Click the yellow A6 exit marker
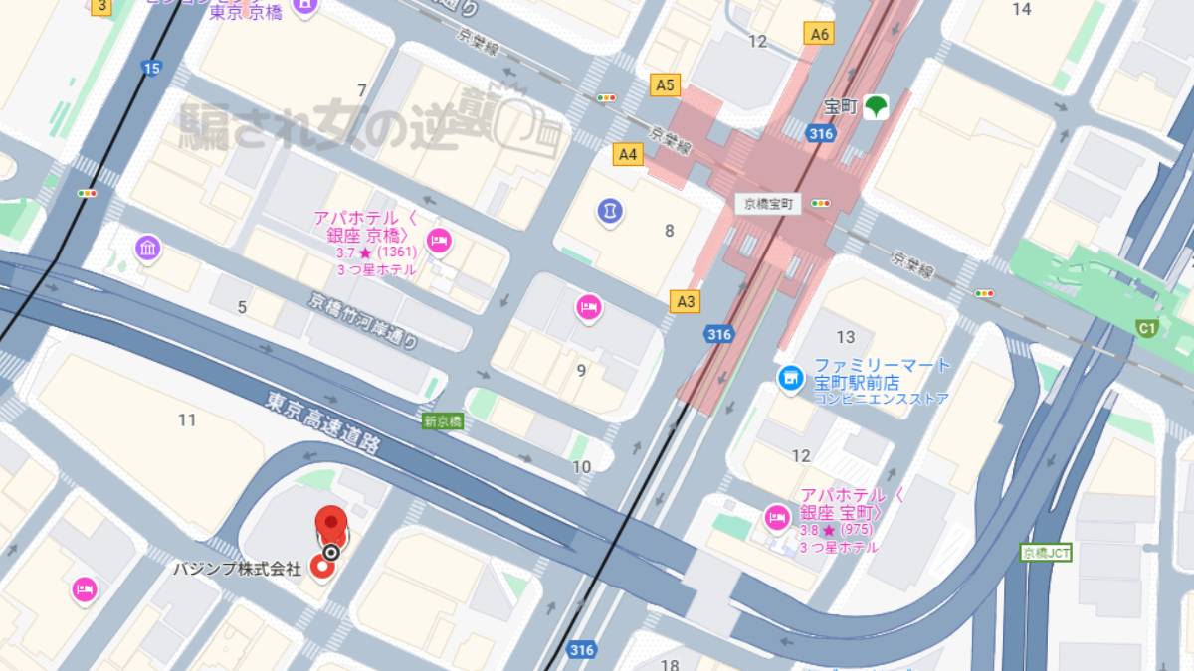click(819, 34)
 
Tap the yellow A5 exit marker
click(665, 85)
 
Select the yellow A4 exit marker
click(628, 154)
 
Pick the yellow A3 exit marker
click(686, 301)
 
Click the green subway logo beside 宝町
click(876, 105)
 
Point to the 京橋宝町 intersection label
click(768, 203)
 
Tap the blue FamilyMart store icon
click(791, 379)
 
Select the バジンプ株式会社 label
click(237, 569)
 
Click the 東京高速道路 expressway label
click(323, 421)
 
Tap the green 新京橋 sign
click(443, 420)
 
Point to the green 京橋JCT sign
click(1046, 552)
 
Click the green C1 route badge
click(1147, 327)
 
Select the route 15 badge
click(150, 68)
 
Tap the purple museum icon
click(148, 248)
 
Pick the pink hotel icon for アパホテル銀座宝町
click(776, 517)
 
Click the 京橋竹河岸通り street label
click(363, 320)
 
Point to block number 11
click(187, 419)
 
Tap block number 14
click(1021, 9)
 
